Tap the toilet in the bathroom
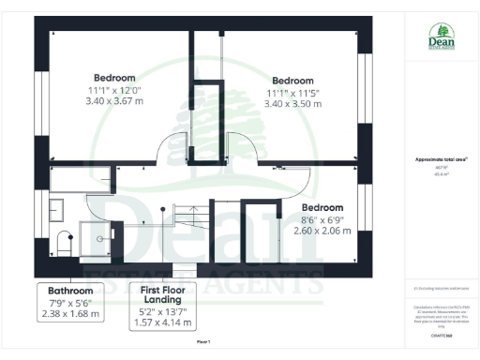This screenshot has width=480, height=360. (x=63, y=242)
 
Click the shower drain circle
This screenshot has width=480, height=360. (x=105, y=239)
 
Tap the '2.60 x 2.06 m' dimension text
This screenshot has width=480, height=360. (x=322, y=230)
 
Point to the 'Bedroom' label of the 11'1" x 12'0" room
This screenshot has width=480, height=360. (x=114, y=78)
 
